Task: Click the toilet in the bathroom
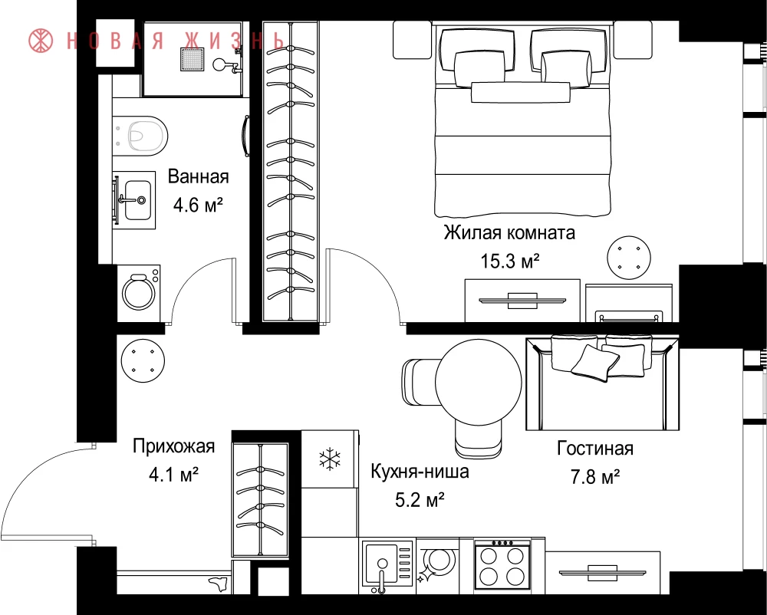coord(141,136)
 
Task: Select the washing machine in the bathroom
coord(139,293)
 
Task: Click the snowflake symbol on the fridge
coord(330,459)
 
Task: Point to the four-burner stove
coord(502,565)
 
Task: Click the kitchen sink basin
coord(381,564)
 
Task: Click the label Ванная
coord(198,176)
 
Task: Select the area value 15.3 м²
coord(510,261)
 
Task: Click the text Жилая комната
coord(509,232)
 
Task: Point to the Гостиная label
coord(595,449)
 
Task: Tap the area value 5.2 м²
coord(420,501)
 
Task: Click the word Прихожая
coord(173,446)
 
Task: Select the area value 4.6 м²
coord(198,205)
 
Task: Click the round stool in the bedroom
coord(629,258)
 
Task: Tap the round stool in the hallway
coord(143,360)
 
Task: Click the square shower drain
coord(193,59)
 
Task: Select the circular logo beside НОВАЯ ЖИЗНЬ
coord(41,41)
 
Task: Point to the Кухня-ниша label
coord(420,472)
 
